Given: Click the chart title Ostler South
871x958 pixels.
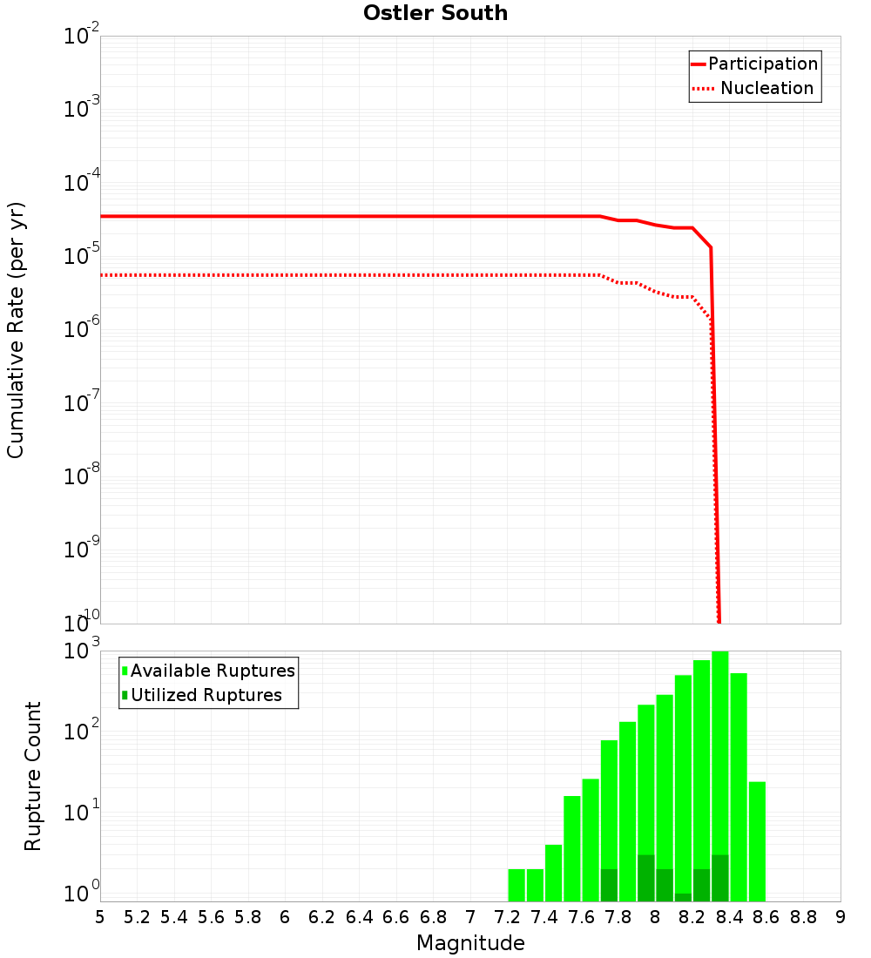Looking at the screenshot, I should pyautogui.click(x=435, y=13).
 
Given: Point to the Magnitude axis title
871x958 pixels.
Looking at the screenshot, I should pyautogui.click(x=470, y=943).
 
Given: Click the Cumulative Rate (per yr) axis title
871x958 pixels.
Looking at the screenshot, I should pyautogui.click(x=16, y=329).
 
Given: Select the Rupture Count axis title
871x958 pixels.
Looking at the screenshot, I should pyautogui.click(x=33, y=775).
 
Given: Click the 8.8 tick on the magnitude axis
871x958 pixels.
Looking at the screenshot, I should pyautogui.click(x=803, y=917).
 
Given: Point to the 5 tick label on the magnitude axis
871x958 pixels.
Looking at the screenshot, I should pyautogui.click(x=100, y=917).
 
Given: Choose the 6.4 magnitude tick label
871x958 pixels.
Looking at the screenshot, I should pyautogui.click(x=359, y=917).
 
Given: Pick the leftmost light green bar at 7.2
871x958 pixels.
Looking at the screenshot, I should pyautogui.click(x=517, y=884).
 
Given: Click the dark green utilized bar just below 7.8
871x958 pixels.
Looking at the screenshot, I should pyautogui.click(x=609, y=884).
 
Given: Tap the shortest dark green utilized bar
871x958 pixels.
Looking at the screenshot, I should pyautogui.click(x=683, y=897).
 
